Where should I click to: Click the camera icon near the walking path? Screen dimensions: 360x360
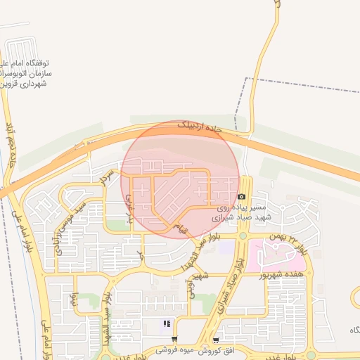pos(242,197)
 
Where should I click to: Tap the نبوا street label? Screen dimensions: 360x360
pos(75,298)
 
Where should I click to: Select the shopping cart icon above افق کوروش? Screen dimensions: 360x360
pos(225,339)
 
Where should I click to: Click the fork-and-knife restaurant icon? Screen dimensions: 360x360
pos(167,324)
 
